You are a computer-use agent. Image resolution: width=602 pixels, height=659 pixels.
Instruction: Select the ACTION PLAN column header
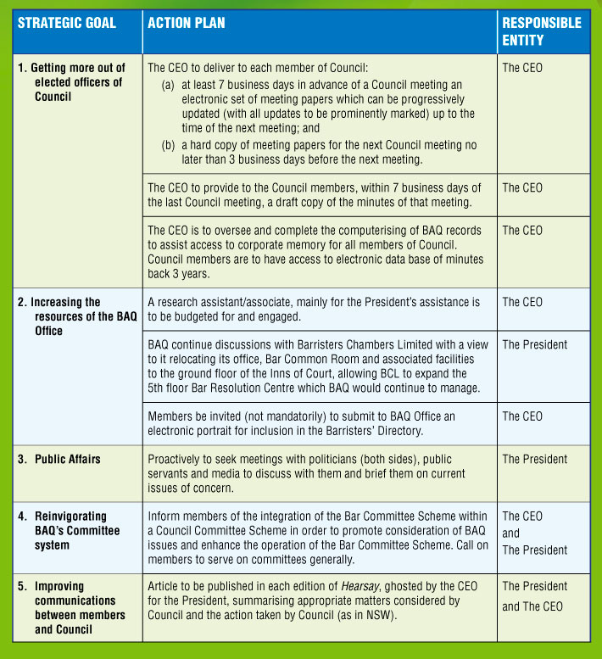(x=186, y=23)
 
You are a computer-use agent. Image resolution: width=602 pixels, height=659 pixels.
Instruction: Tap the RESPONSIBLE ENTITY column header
(x=541, y=31)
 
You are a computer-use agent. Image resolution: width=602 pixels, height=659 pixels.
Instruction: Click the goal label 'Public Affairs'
(x=67, y=459)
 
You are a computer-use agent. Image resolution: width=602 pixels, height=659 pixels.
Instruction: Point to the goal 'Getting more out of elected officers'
(x=72, y=82)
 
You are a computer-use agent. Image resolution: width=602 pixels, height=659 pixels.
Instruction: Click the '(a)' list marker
(x=169, y=85)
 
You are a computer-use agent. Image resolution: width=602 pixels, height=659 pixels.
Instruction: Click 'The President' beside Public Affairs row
(x=535, y=459)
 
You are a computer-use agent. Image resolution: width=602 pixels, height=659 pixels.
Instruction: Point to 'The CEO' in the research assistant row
(x=522, y=302)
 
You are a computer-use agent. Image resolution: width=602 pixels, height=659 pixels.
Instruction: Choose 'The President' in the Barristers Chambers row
(x=535, y=344)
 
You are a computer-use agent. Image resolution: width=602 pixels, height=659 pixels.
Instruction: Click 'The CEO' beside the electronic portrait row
(x=522, y=416)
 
